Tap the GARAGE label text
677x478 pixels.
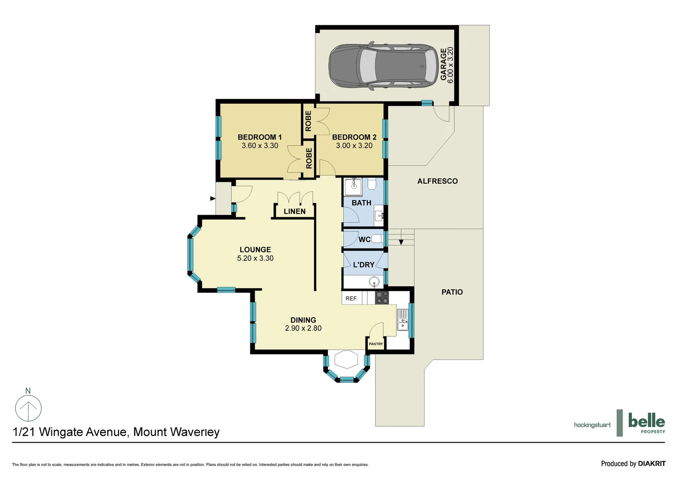pyautogui.click(x=444, y=65)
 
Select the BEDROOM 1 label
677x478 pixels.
pyautogui.click(x=260, y=137)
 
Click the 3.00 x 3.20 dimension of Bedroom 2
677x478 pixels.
pyautogui.click(x=354, y=146)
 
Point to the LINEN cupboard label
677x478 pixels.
pyautogui.click(x=295, y=212)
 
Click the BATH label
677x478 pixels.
pyautogui.click(x=361, y=203)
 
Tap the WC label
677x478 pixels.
pyautogui.click(x=364, y=239)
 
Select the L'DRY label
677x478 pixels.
pyautogui.click(x=364, y=265)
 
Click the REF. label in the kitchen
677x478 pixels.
pyautogui.click(x=351, y=298)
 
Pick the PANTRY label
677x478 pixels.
pyautogui.click(x=376, y=344)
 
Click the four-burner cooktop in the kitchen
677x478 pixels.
pyautogui.click(x=382, y=297)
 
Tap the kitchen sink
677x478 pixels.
pyautogui.click(x=403, y=320)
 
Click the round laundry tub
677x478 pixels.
pyautogui.click(x=375, y=281)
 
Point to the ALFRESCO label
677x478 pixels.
pyautogui.click(x=437, y=181)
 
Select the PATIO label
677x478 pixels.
pyautogui.click(x=452, y=292)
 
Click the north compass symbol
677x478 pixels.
pyautogui.click(x=28, y=407)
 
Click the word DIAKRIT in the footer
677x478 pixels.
pyautogui.click(x=651, y=463)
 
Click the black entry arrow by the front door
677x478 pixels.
pyautogui.click(x=213, y=198)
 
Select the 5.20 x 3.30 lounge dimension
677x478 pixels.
pyautogui.click(x=255, y=258)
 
